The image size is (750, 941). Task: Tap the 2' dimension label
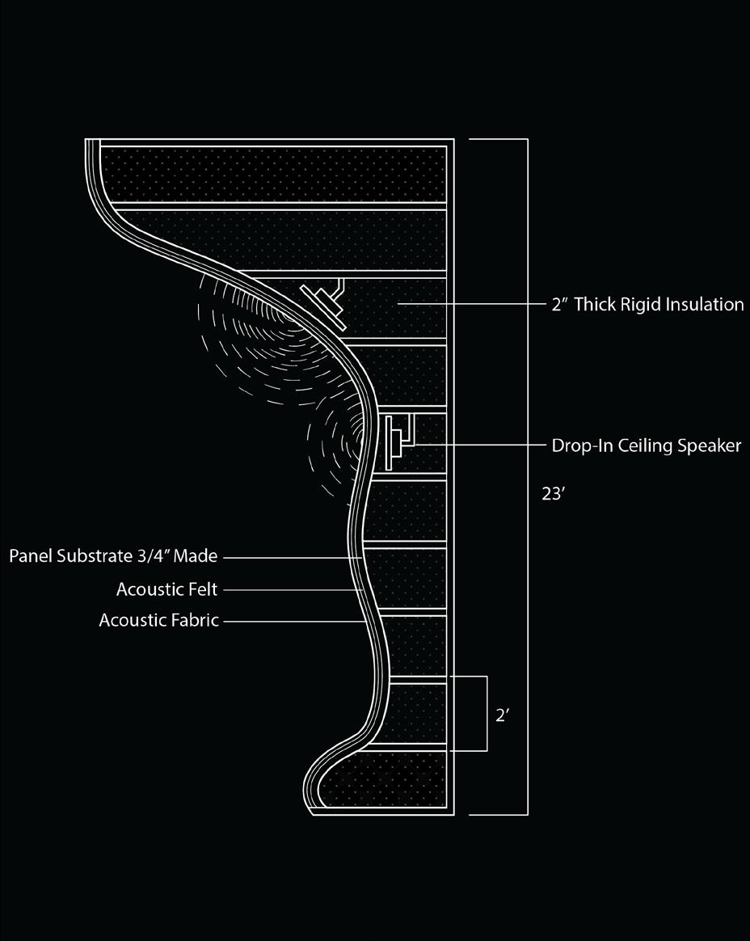(501, 715)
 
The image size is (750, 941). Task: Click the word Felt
(202, 589)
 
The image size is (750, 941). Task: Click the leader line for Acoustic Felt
(291, 589)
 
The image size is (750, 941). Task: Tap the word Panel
(29, 556)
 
